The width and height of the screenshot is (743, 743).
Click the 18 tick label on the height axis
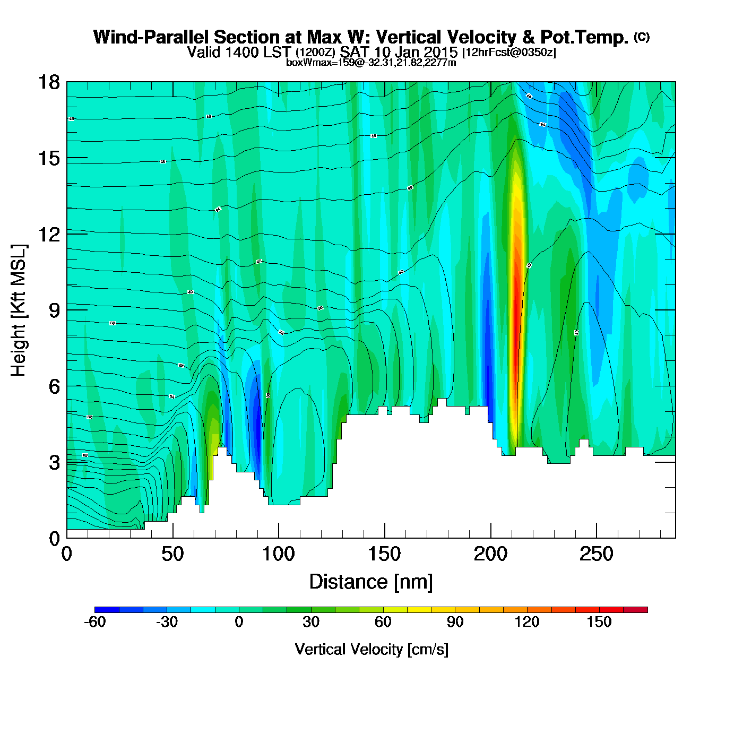tap(48, 82)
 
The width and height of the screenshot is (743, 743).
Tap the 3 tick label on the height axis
tap(54, 462)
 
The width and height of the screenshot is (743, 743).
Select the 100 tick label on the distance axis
tap(279, 555)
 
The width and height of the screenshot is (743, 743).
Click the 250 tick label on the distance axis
tap(597, 555)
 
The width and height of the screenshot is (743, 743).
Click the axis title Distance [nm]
tap(371, 582)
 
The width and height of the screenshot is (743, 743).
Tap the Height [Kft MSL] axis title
tap(19, 310)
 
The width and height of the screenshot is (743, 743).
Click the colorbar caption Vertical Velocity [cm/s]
tap(371, 649)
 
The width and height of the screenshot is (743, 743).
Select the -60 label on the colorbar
tap(95, 622)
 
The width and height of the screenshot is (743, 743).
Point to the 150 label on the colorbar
tap(599, 622)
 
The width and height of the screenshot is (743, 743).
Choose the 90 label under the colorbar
tap(455, 622)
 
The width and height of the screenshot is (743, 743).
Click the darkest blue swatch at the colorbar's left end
tap(107, 609)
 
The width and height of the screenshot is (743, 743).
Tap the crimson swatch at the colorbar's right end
tap(635, 609)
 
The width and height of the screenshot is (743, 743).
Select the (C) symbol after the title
tap(642, 37)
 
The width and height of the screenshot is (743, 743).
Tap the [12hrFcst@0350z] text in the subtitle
tap(509, 53)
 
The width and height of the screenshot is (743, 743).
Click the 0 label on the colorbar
tap(239, 622)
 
